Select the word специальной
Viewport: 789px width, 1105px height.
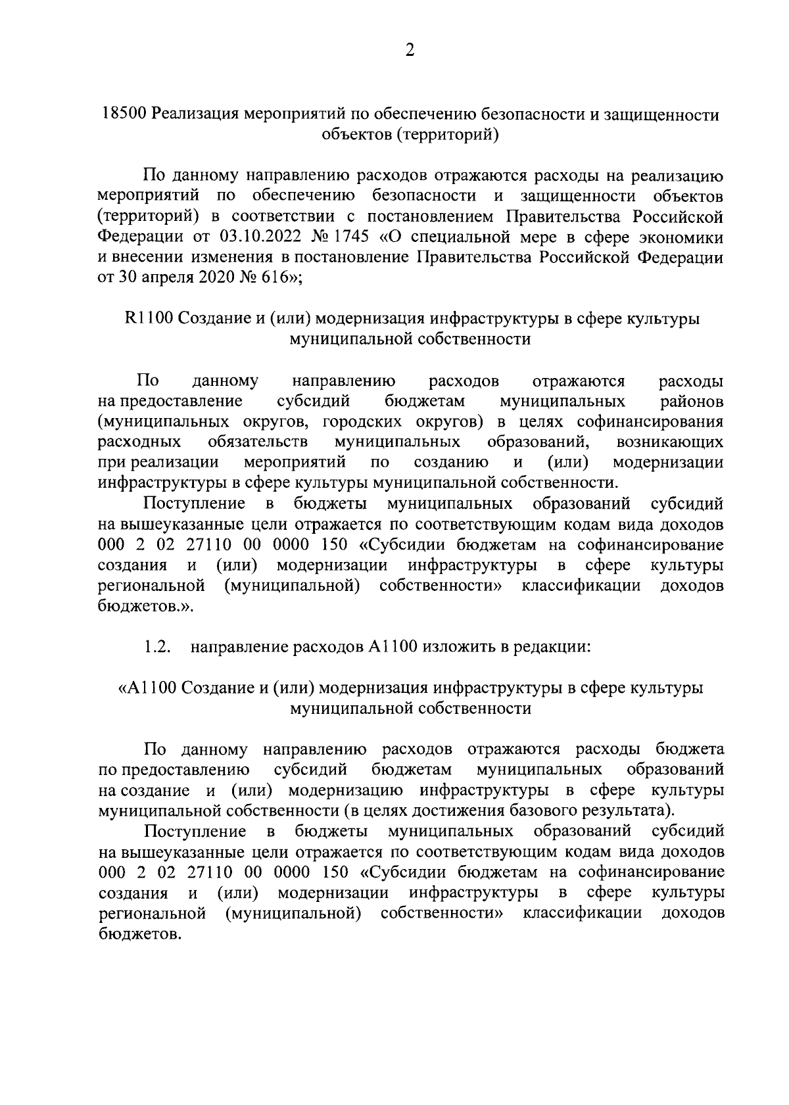coord(471,236)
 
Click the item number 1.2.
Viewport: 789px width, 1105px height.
coord(158,647)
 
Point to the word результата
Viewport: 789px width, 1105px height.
coord(636,810)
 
